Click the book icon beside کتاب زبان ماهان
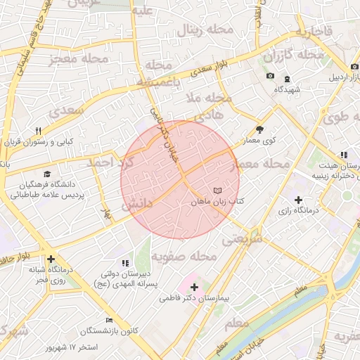(x=217, y=191)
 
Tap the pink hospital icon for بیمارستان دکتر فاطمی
(x=194, y=287)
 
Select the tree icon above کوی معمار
(x=260, y=129)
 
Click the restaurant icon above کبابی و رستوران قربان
(x=39, y=131)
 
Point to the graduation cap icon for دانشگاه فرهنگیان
(x=47, y=174)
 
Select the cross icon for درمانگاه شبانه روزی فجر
(x=51, y=259)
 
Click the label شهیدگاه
(x=288, y=90)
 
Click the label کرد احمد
(x=110, y=162)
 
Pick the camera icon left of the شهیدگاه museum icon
(x=271, y=76)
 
